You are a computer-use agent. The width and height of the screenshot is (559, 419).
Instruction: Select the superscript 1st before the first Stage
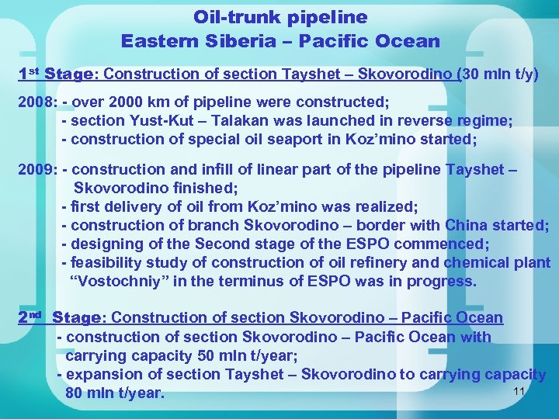point(29,74)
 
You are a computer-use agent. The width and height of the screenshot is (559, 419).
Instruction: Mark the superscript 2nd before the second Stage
point(31,317)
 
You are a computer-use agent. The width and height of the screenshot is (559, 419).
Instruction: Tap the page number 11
point(520,392)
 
